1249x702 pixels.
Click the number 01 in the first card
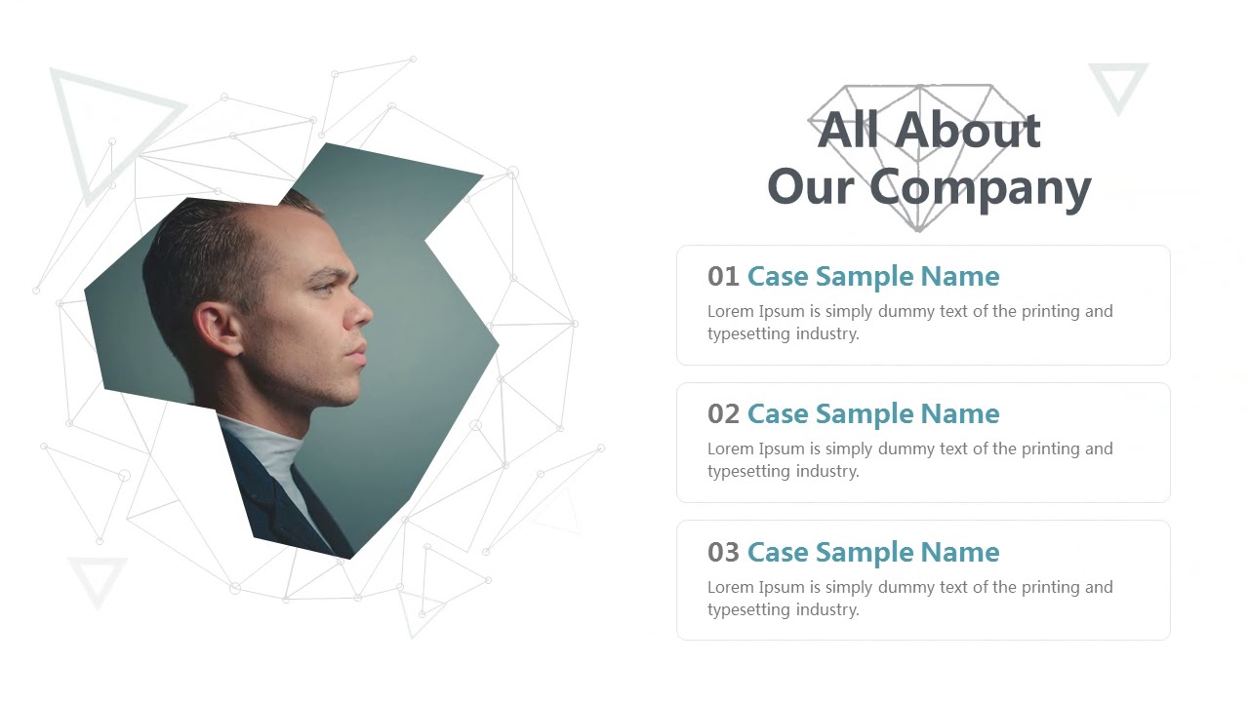coord(723,277)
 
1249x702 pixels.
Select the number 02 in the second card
coord(723,414)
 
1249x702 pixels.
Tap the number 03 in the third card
coord(723,553)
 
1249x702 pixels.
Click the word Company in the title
coord(980,187)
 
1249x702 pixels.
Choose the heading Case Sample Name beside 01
coord(873,277)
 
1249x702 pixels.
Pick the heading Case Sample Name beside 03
coord(873,553)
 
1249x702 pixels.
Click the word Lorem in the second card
coord(731,449)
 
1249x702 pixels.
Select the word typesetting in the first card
coord(749,333)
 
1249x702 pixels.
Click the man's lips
coord(360,352)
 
